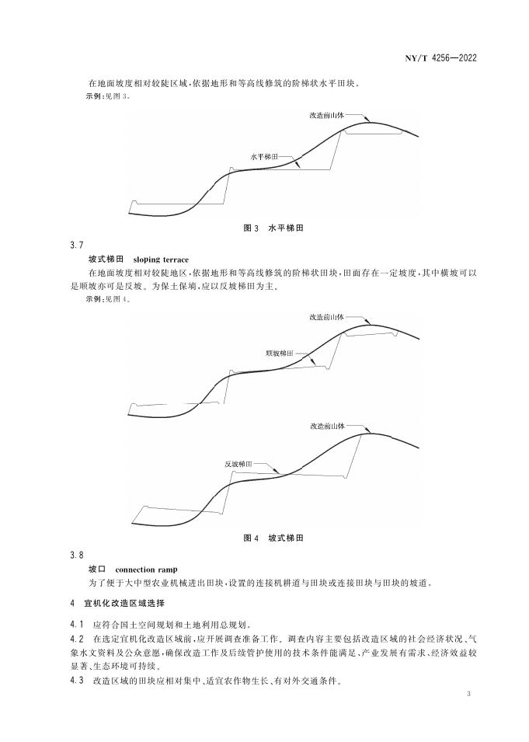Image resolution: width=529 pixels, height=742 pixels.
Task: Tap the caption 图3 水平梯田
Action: click(273, 229)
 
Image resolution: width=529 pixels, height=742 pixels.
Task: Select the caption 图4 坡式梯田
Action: click(273, 538)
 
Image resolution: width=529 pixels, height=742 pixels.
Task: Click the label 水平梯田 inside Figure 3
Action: click(264, 156)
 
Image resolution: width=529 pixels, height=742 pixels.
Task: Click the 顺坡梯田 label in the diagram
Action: click(279, 353)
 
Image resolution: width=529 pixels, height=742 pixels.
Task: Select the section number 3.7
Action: click(76, 245)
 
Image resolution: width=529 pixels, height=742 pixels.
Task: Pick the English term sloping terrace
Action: click(161, 259)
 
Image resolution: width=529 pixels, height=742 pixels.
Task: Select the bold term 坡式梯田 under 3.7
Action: click(106, 259)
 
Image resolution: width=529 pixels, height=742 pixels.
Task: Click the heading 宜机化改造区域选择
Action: click(124, 603)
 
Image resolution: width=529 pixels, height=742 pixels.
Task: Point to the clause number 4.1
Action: click(76, 623)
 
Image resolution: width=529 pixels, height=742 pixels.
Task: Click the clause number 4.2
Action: click(76, 639)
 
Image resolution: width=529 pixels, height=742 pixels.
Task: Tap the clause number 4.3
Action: click(76, 681)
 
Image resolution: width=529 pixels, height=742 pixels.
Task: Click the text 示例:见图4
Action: click(107, 300)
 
